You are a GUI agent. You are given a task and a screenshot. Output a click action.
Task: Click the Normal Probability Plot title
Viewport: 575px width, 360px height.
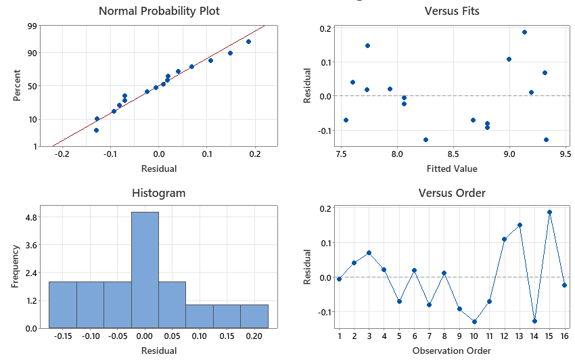pos(159,11)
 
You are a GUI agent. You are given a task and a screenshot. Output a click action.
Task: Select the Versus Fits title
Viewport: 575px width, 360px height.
pos(452,11)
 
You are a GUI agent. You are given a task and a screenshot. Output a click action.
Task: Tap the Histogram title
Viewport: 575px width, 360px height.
pos(158,193)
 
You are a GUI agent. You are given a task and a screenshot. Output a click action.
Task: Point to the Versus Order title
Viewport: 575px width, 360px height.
pos(452,193)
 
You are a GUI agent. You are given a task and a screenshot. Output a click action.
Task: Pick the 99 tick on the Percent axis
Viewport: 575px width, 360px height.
pos(32,26)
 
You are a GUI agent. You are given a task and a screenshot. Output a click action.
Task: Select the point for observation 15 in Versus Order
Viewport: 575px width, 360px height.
pos(550,212)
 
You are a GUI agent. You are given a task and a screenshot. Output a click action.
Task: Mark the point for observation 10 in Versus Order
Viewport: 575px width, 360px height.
pos(474,321)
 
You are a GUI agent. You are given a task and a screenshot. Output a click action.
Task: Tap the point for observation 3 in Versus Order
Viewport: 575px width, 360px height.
pos(369,252)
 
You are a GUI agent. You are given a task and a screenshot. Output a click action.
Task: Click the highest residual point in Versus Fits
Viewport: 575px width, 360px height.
pos(524,32)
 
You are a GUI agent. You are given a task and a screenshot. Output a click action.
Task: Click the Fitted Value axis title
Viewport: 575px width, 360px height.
pos(452,168)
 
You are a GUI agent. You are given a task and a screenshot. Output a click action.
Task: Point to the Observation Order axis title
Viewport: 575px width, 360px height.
pos(452,351)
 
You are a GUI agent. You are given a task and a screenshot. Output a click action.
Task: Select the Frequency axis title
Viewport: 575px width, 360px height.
pos(15,267)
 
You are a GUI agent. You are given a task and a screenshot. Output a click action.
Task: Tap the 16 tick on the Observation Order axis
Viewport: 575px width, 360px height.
pos(565,336)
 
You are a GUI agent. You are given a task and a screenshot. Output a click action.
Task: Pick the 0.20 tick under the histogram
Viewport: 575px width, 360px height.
pos(254,336)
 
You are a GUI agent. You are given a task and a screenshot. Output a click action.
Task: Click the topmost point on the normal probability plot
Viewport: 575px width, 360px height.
pos(249,41)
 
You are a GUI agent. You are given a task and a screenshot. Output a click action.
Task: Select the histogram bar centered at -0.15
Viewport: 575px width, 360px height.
pos(63,305)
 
